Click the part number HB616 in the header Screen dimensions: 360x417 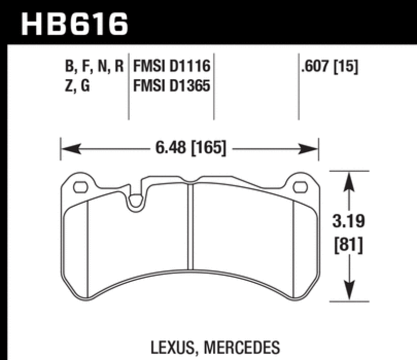tap(73, 22)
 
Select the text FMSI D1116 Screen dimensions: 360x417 tap(171, 67)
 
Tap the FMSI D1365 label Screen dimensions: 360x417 tap(171, 85)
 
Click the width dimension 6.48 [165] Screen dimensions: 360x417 tap(190, 150)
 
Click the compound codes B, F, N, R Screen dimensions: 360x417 tap(92, 67)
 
